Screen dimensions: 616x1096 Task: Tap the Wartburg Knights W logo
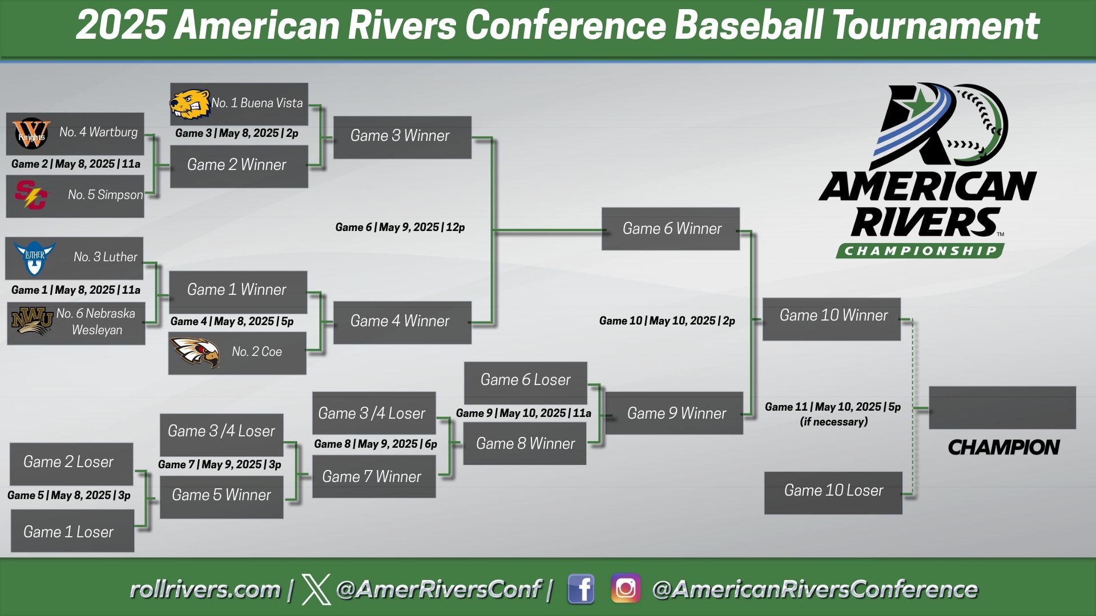tap(31, 133)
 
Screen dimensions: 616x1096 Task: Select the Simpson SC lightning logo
tap(31, 195)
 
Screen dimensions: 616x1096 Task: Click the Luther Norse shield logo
tap(34, 258)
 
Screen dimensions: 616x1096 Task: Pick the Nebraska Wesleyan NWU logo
tap(32, 322)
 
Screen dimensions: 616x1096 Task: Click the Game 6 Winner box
tap(671, 229)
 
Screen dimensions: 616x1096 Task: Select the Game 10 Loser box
tap(833, 491)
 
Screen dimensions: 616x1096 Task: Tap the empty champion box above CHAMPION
tap(1002, 408)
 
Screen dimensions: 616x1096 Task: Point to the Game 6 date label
tap(400, 227)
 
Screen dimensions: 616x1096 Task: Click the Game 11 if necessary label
tap(833, 414)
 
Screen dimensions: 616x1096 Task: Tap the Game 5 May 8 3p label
tap(68, 495)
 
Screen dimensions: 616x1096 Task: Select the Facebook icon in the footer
tap(581, 589)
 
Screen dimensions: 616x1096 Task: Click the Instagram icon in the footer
tap(625, 589)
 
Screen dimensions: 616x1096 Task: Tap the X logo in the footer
tap(316, 589)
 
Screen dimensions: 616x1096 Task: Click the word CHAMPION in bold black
tap(1003, 447)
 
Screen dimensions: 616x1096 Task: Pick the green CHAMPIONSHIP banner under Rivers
tap(920, 251)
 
